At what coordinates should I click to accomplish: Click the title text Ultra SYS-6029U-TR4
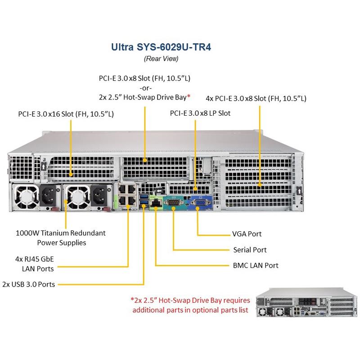point(161,47)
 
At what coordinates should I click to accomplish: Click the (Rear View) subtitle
point(161,58)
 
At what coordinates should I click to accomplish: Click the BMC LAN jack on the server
point(156,205)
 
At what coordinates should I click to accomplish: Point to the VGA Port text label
point(247,234)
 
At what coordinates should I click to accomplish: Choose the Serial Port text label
point(250,250)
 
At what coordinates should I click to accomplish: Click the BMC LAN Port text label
point(256,265)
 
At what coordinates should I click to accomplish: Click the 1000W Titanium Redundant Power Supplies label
point(61,238)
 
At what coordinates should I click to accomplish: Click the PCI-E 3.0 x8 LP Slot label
point(200,113)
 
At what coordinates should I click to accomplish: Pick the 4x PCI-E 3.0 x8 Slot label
point(256,98)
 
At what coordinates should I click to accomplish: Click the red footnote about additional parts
point(189,305)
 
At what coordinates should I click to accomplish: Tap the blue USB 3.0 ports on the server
point(144,202)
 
